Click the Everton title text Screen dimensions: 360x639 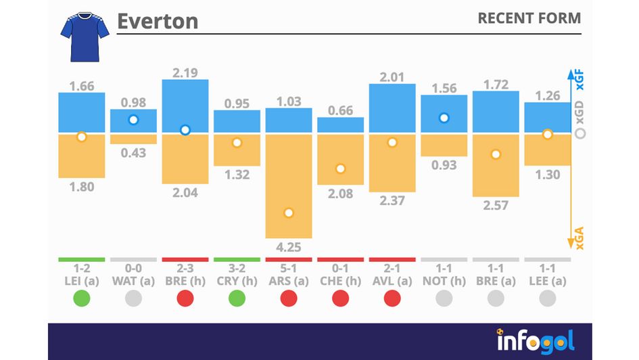click(x=158, y=21)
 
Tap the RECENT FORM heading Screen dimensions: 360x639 click(x=529, y=18)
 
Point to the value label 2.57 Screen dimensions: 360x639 click(x=496, y=205)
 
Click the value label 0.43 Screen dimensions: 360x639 click(x=134, y=153)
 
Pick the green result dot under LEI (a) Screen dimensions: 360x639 click(x=82, y=298)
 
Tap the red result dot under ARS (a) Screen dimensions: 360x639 click(x=289, y=298)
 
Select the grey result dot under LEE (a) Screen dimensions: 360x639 click(x=548, y=298)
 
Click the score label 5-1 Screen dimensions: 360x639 click(x=289, y=269)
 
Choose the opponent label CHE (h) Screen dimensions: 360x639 click(x=341, y=280)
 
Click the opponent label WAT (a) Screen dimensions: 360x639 click(x=134, y=280)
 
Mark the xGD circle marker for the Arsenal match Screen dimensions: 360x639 click(x=289, y=212)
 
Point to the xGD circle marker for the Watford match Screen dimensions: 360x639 click(x=134, y=120)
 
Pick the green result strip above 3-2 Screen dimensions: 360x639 click(x=237, y=259)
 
